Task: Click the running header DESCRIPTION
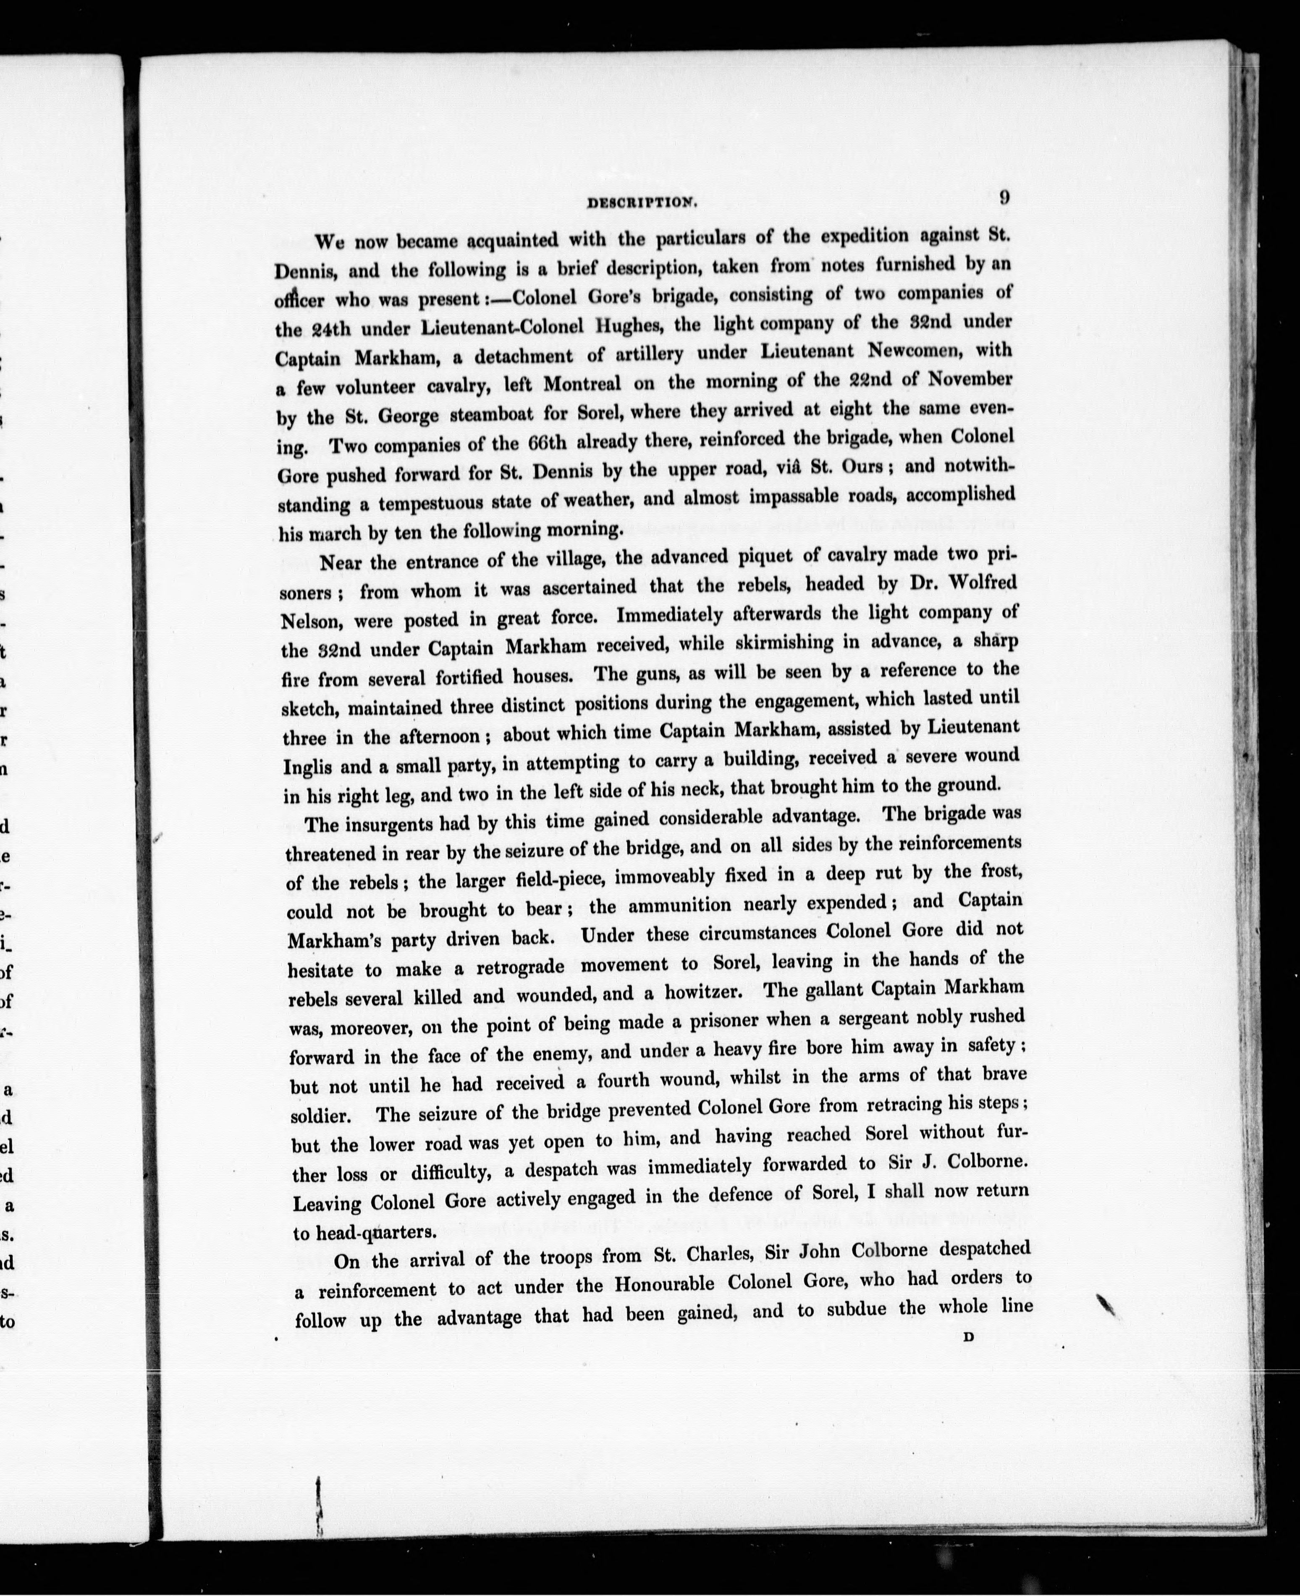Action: pyautogui.click(x=642, y=202)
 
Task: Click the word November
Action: pyautogui.click(x=970, y=378)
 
